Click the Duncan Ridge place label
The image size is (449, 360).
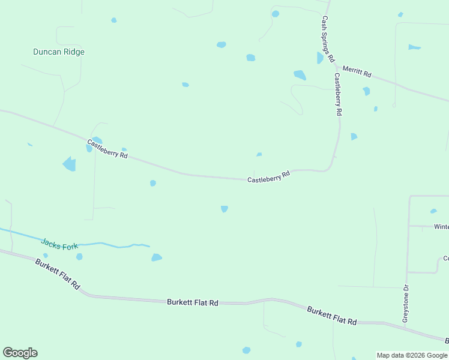(x=58, y=52)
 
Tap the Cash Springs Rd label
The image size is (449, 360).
(x=327, y=39)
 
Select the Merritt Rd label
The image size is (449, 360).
(x=357, y=72)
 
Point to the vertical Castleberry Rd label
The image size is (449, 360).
(x=338, y=94)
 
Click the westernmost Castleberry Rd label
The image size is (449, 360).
(x=107, y=149)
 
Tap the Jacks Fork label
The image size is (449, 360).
(x=60, y=244)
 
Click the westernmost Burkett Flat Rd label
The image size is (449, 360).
(x=58, y=274)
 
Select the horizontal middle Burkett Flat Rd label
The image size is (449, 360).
(x=192, y=303)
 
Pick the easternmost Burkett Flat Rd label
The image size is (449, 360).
(x=332, y=316)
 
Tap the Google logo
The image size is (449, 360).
(x=20, y=353)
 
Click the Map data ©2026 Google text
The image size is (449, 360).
(x=412, y=355)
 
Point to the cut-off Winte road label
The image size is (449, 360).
(x=441, y=227)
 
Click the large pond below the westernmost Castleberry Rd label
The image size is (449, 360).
(x=70, y=164)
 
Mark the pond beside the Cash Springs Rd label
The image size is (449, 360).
(x=320, y=58)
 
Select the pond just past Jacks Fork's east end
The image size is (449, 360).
(x=157, y=257)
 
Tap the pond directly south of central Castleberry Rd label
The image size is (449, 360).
(x=224, y=209)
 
